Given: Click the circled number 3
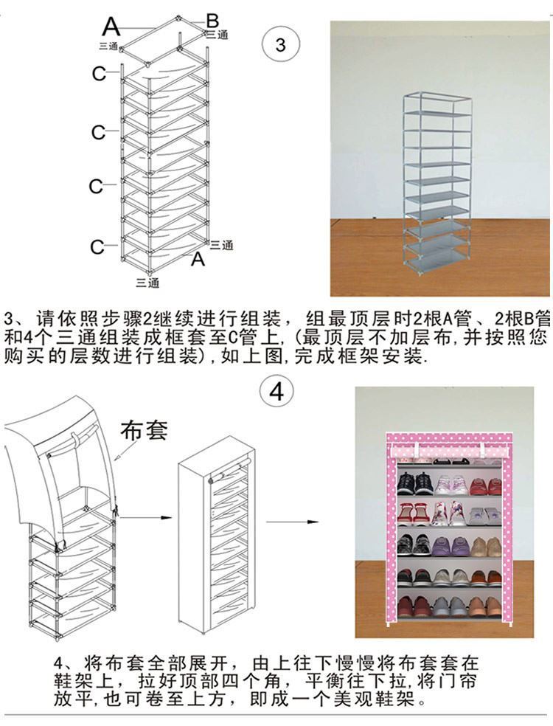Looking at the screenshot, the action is [279, 44].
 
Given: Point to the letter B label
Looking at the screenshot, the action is [212, 20].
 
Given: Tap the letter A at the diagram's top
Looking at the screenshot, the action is [111, 27].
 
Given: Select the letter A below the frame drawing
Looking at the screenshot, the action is [198, 259].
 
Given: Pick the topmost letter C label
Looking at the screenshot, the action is [99, 73].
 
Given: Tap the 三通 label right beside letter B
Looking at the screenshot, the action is [217, 34].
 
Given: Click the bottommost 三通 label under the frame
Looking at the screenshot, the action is [147, 283].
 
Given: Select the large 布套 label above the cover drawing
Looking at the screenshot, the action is [144, 429].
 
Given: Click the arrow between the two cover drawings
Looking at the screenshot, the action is [144, 518].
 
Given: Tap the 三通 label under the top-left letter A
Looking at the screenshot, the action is [108, 46].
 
